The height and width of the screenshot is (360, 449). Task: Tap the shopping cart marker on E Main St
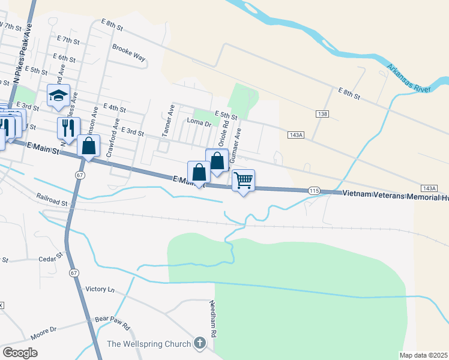click(x=243, y=180)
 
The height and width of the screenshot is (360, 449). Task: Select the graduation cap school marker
click(x=58, y=95)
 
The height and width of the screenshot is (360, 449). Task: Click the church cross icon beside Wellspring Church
click(x=200, y=344)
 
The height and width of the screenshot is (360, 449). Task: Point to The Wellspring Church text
click(x=149, y=344)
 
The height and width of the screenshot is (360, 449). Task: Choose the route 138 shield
click(x=323, y=113)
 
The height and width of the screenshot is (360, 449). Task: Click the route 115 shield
click(x=314, y=190)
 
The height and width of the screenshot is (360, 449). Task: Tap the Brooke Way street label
click(x=128, y=53)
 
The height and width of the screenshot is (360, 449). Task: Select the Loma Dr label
click(x=199, y=122)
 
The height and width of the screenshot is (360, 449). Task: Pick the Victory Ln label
click(x=100, y=289)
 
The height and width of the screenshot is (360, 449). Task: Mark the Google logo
click(x=20, y=352)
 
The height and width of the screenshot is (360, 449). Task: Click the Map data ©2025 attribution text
click(x=423, y=355)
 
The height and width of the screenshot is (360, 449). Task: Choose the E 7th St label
click(x=68, y=40)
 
